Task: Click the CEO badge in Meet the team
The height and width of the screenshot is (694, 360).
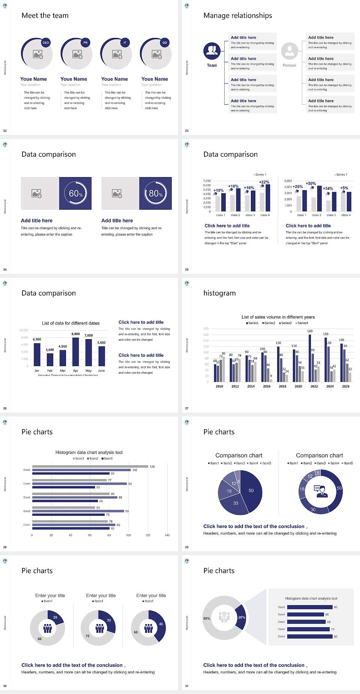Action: coord(46,43)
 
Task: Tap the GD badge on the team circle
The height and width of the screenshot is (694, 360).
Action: coord(165,43)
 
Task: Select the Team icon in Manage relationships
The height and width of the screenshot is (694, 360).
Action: coord(212,51)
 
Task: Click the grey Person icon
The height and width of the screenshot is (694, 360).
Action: coord(289,51)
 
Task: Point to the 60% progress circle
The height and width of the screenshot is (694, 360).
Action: coord(75,194)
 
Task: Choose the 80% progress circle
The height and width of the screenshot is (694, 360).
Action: coord(156,194)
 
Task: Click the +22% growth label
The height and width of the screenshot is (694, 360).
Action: coord(264,182)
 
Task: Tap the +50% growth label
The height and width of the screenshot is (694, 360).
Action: coord(310,184)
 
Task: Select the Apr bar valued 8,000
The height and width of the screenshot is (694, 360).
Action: coord(76,352)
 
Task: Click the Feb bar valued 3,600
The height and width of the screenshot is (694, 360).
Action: coord(50,359)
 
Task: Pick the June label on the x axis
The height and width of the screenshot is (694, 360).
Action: coord(101,371)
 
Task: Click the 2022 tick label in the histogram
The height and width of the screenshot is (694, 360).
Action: coord(314,386)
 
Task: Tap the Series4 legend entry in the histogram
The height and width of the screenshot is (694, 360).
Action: coord(302,323)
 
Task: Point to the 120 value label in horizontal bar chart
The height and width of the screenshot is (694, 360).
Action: coord(152,467)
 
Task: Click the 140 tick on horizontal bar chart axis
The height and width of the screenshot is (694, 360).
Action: coord(167,535)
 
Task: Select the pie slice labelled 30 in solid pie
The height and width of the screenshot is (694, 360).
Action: coord(235,503)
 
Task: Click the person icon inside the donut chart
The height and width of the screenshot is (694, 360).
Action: coord(321,491)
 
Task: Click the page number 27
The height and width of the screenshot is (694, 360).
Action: coord(187,409)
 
